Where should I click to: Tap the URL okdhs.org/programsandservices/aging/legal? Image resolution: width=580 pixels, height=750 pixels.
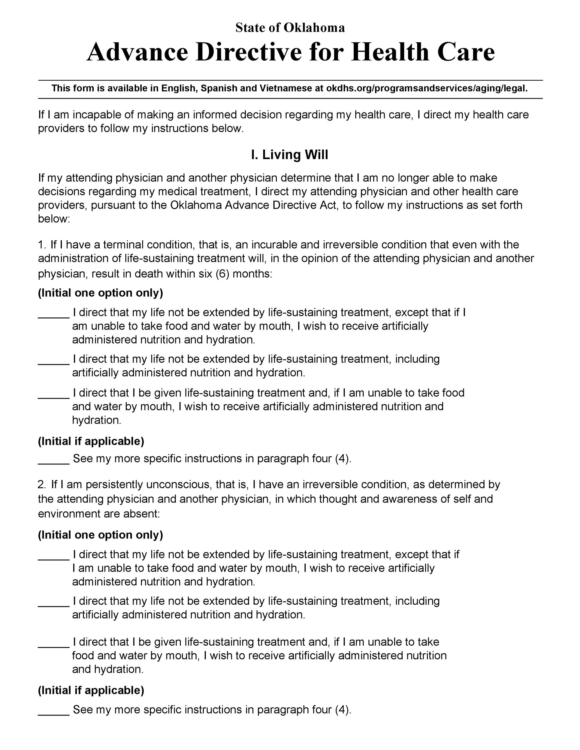pyautogui.click(x=427, y=88)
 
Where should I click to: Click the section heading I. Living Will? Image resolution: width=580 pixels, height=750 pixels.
pyautogui.click(x=290, y=155)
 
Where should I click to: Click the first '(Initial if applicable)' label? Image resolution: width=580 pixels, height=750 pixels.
pyautogui.click(x=91, y=441)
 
